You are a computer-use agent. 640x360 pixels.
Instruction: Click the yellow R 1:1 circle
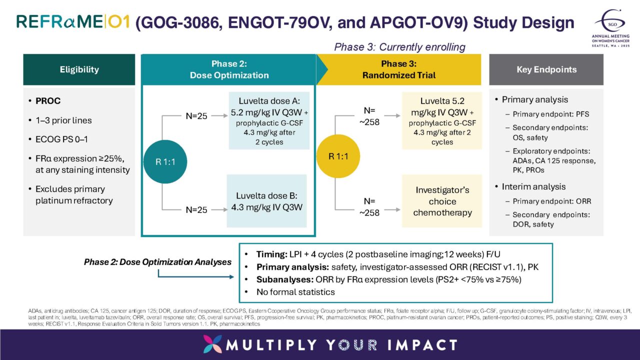coord(338,156)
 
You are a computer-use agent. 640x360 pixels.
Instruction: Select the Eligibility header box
coord(79,69)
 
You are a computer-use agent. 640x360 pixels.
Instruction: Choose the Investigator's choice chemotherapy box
coord(442,201)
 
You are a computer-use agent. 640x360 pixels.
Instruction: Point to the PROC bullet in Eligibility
coord(48,101)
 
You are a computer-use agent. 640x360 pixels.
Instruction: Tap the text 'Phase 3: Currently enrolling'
coord(399,47)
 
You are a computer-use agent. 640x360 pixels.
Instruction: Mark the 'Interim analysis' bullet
coord(533,186)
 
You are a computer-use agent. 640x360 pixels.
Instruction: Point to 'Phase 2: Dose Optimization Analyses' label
coord(157,262)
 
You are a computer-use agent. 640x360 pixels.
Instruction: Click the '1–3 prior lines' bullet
coord(63,120)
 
